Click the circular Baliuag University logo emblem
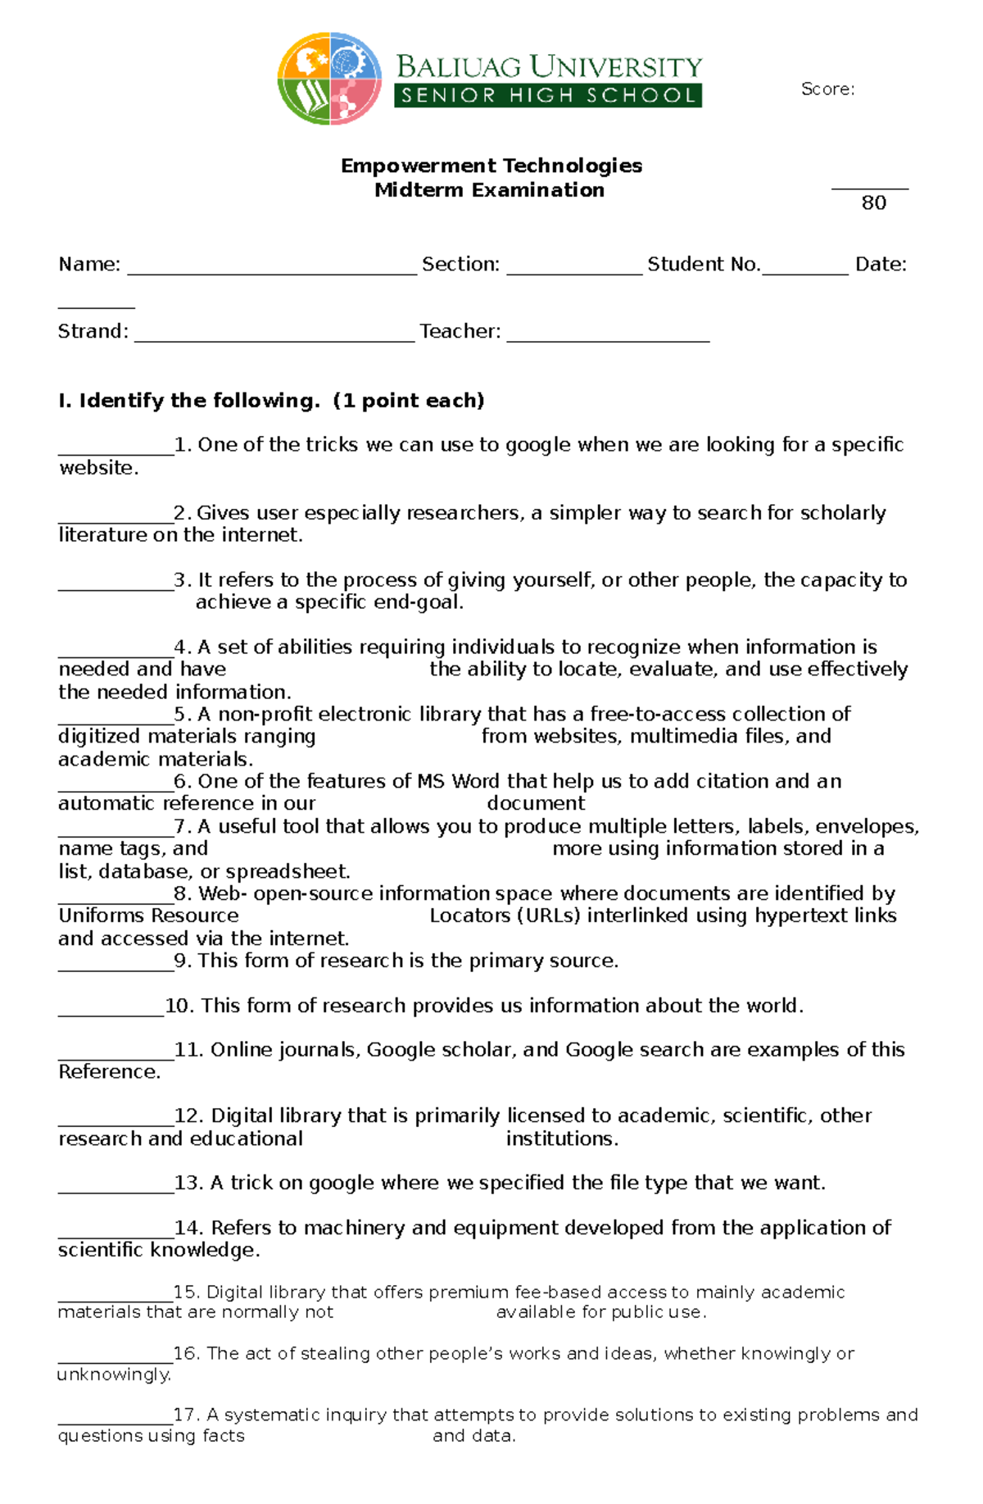(329, 79)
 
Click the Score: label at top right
(827, 89)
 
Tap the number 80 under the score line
(873, 203)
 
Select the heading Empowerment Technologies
(491, 166)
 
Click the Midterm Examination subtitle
(489, 190)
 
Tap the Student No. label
(704, 265)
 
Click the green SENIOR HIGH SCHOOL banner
(548, 95)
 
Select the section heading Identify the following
(271, 401)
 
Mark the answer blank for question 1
(116, 452)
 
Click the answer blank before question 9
(116, 968)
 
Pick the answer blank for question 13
(116, 1190)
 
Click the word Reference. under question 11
(109, 1072)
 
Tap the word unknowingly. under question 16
(114, 1375)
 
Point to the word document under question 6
(536, 803)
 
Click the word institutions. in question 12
(562, 1139)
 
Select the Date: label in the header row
(881, 265)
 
